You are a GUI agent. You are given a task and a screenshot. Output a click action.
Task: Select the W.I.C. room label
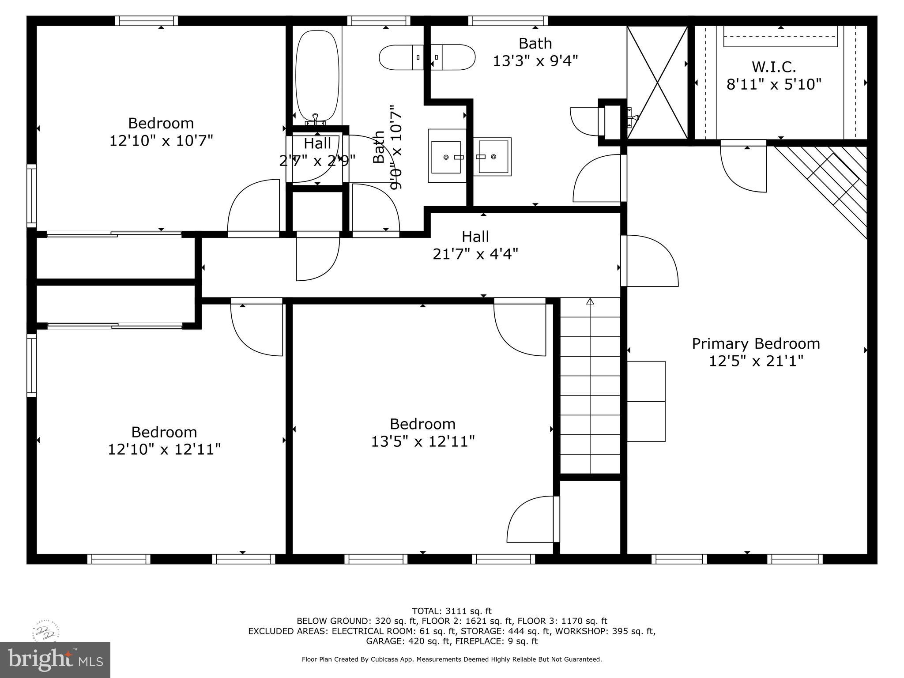click(774, 67)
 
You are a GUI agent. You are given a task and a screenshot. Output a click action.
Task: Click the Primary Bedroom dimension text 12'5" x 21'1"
click(756, 361)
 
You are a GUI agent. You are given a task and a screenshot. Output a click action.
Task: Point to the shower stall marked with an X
click(657, 82)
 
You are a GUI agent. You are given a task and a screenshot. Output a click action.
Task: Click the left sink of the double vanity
click(446, 157)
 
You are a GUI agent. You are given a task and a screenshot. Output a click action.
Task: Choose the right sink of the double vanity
click(493, 157)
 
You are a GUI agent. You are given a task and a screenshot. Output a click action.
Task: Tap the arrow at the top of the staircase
click(590, 302)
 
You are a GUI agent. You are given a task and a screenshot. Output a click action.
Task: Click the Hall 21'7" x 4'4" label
click(475, 245)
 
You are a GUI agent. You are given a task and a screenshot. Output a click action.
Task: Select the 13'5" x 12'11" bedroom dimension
click(422, 441)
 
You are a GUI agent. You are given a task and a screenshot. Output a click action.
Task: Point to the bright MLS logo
click(55, 659)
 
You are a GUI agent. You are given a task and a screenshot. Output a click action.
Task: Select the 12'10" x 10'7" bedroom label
click(161, 132)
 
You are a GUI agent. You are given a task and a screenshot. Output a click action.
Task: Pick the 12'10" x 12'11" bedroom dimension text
click(164, 449)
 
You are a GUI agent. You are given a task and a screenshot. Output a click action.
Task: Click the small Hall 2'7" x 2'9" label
click(317, 152)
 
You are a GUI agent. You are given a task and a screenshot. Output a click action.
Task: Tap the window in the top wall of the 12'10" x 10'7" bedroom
click(147, 21)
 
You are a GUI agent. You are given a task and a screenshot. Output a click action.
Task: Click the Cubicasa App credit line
click(452, 659)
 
